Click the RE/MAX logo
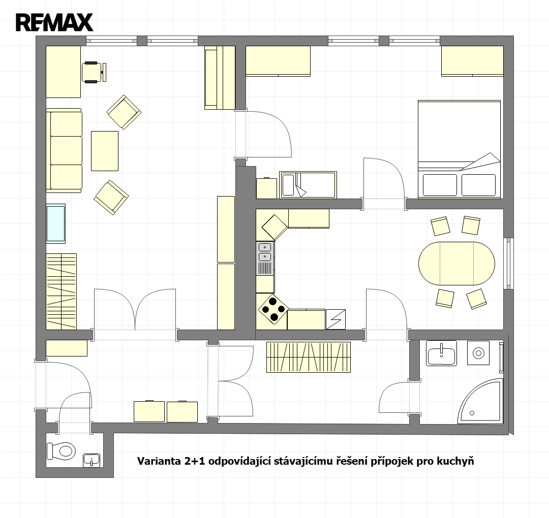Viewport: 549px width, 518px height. [54, 22]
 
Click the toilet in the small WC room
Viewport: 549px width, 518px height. [62, 450]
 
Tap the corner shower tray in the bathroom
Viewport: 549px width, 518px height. [481, 401]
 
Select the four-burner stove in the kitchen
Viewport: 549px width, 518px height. [273, 308]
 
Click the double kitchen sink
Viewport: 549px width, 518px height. [265, 252]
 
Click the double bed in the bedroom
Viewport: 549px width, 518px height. [459, 149]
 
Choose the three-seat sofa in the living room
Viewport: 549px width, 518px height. [64, 150]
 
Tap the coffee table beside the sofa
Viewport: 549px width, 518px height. [105, 151]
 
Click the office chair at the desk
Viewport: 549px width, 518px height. [94, 73]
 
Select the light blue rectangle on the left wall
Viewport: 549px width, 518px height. [56, 223]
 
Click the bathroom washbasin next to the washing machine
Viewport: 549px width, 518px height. [442, 353]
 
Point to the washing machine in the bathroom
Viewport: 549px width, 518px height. [478, 353]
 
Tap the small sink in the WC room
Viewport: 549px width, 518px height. [91, 460]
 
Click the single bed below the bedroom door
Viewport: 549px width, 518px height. [308, 185]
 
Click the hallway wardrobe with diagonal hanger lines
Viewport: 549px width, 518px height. [309, 357]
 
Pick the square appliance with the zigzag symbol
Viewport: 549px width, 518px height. [336, 319]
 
